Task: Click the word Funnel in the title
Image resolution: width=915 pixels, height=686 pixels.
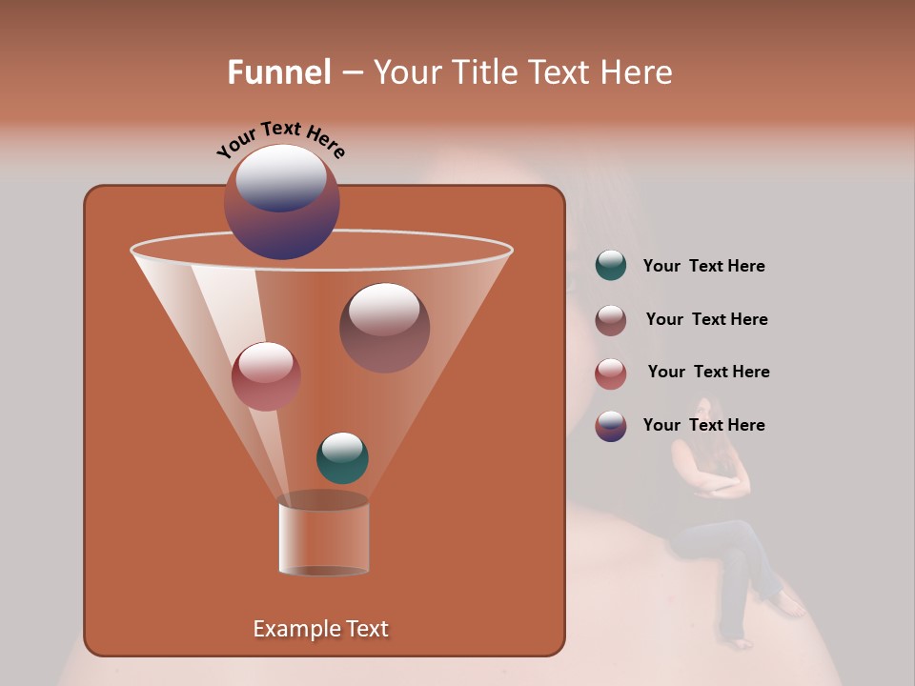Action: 278,72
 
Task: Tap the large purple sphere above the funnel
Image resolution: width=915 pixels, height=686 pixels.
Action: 282,201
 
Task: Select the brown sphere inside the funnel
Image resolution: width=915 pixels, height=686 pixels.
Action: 384,327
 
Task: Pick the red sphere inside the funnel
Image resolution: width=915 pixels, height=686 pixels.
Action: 266,375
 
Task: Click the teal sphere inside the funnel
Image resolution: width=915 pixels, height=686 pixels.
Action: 342,458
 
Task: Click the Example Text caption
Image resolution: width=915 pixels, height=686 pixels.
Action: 321,629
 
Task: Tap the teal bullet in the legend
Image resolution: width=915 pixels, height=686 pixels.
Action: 611,266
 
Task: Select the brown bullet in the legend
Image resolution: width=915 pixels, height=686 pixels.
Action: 611,320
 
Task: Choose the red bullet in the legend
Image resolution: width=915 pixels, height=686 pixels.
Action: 611,373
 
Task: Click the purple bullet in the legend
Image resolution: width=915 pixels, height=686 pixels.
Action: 611,426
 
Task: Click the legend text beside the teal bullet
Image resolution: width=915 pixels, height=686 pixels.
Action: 703,267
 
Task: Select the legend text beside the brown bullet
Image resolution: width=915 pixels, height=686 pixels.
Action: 706,320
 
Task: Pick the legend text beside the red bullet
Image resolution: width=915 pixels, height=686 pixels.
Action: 708,373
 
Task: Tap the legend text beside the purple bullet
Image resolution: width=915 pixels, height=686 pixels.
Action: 703,426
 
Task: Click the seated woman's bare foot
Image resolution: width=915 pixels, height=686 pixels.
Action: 789,604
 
